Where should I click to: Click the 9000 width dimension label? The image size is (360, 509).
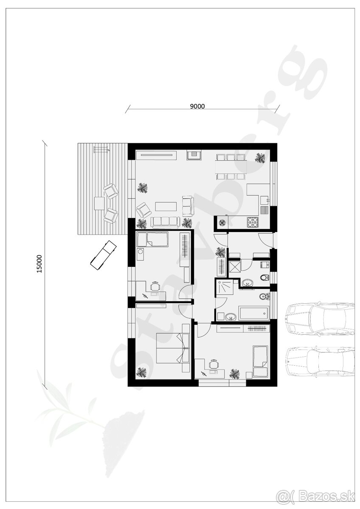pos(197,106)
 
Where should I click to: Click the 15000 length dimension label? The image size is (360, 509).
pos(39,263)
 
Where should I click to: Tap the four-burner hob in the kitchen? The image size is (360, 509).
pos(253,221)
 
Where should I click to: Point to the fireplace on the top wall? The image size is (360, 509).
pos(194,155)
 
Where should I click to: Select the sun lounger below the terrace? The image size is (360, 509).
pos(103,255)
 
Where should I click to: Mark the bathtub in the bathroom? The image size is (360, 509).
pos(253,313)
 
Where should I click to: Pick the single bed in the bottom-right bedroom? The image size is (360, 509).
pos(260,361)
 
